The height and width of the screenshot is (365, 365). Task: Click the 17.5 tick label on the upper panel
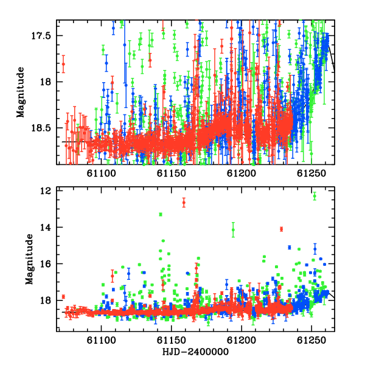tap(41, 36)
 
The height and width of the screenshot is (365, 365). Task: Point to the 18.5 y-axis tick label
tap(41, 128)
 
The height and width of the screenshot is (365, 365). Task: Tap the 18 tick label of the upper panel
tap(45, 82)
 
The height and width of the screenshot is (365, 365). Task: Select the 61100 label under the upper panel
tap(101, 173)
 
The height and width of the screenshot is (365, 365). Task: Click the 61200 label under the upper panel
tap(242, 173)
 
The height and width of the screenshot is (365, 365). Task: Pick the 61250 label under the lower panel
tap(311, 340)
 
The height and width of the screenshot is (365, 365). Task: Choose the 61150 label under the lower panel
tap(172, 340)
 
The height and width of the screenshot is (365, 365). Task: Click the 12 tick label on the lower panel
tap(45, 190)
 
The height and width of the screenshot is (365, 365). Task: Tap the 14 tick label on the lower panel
tap(45, 227)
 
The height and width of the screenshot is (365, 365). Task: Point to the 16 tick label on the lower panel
tap(45, 264)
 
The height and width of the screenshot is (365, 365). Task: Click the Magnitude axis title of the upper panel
tap(21, 92)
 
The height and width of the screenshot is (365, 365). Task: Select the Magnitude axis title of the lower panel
tap(29, 259)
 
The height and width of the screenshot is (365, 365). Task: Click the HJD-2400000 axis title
tap(195, 352)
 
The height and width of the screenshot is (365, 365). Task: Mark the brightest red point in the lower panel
tap(184, 203)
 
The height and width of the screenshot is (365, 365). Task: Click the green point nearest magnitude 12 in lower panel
tap(315, 196)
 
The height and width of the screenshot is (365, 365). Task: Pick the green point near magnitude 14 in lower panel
tap(233, 230)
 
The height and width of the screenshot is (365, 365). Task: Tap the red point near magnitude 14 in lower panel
tap(282, 229)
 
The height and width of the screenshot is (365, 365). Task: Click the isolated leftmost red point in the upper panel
tap(63, 64)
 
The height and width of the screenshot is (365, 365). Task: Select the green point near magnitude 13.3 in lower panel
tap(161, 214)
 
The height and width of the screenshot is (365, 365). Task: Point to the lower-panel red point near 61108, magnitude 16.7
tap(113, 276)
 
